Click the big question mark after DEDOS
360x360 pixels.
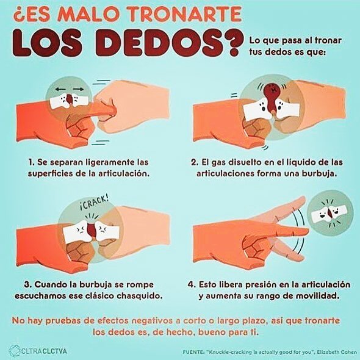[x=234, y=43]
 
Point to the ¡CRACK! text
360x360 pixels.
[x=94, y=202]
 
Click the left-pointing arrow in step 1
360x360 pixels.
[x=61, y=89]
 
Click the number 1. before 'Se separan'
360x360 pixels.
[x=32, y=162]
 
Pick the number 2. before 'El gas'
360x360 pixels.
[x=195, y=162]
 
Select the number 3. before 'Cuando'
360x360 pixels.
[x=28, y=284]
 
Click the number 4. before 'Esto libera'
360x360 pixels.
[x=192, y=284]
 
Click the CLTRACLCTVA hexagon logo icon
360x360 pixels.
[x=14, y=351]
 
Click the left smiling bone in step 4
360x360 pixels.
[x=320, y=214]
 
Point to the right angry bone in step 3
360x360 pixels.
[x=107, y=231]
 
